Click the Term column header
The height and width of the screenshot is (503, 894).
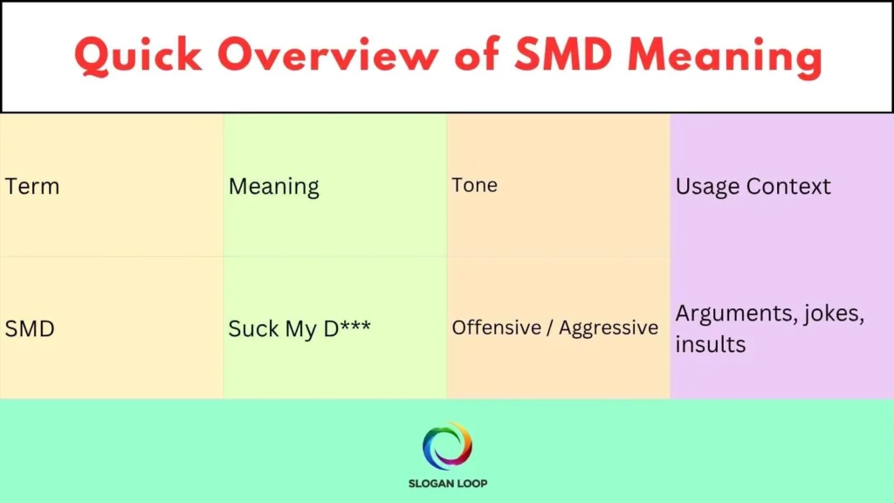32,186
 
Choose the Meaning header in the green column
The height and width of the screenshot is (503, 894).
274,187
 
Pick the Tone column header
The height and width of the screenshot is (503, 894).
474,185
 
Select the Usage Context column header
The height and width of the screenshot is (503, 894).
753,186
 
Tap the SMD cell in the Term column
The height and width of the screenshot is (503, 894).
31,328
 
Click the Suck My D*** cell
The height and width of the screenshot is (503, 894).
299,329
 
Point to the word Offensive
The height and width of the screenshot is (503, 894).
496,327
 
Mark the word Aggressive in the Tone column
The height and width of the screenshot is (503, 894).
609,327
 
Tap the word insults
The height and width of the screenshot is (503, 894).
710,344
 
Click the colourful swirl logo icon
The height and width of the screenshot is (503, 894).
447,445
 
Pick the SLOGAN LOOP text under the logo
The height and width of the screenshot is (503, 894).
447,483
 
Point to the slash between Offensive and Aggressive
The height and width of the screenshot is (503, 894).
550,327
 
